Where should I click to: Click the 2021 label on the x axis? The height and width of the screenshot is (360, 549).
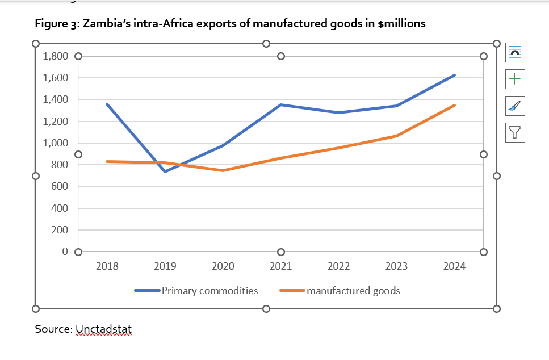280,266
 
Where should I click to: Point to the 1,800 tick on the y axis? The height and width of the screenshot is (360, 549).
55,56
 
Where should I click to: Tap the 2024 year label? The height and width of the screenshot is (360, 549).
454,266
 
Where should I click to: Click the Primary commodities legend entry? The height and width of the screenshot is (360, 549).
209,291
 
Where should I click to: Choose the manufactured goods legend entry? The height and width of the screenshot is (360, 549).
353,291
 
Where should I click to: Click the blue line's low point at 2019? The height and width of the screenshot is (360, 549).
165,171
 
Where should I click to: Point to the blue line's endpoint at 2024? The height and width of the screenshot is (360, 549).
454,75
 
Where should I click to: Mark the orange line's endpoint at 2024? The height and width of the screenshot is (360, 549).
454,105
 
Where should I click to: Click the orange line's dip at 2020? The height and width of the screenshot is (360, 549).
223,170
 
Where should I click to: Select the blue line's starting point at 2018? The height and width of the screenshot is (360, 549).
107,104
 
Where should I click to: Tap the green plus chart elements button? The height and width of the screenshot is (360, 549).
514,79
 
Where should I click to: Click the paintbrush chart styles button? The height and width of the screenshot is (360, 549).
514,105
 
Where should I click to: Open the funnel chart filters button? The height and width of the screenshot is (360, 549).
514,132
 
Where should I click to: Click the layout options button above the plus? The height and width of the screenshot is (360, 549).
514,52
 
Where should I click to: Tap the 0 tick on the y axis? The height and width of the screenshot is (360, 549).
65,252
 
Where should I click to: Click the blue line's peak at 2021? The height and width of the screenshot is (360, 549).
280,104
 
